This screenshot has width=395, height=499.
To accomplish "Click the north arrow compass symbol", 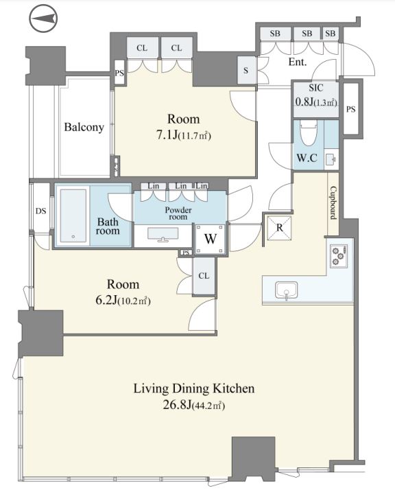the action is click(x=43, y=19).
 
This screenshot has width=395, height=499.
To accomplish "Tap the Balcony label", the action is click(x=84, y=127).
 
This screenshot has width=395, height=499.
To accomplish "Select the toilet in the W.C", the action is click(x=308, y=133).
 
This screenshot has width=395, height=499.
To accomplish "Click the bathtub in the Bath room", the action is click(x=73, y=216).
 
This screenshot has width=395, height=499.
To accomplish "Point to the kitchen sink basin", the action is click(x=287, y=290).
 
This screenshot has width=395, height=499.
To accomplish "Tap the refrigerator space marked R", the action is click(x=279, y=228).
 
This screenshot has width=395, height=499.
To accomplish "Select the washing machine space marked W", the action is click(x=211, y=239).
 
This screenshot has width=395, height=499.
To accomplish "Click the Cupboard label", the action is click(x=333, y=202).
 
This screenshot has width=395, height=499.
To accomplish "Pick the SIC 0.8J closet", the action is click(x=315, y=99).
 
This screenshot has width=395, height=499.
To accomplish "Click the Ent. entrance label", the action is click(x=298, y=62).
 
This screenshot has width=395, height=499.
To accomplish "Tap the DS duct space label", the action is click(x=40, y=211).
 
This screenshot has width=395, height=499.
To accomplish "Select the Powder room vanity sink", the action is click(x=163, y=235).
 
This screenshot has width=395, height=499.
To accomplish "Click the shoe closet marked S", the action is click(x=246, y=70).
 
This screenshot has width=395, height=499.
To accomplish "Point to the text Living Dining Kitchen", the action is click(x=193, y=388).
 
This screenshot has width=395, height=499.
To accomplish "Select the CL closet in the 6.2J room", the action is click(x=204, y=276).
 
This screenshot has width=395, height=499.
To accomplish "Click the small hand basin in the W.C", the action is click(x=331, y=159).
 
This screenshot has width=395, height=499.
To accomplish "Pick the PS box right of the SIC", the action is click(x=351, y=109).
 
